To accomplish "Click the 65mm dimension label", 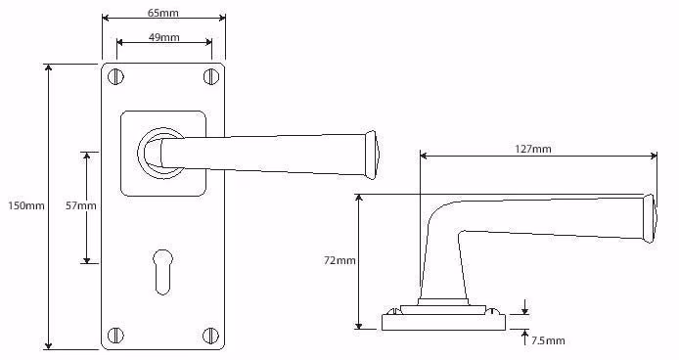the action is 162,13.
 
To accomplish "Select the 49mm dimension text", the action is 163,37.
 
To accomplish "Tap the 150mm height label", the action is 26,205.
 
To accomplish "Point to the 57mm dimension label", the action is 80,205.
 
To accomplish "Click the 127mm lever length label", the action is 532,149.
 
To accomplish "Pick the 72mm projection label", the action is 339,260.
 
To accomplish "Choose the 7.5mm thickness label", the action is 548,340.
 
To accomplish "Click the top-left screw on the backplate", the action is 115,77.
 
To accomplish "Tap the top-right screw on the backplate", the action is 211,76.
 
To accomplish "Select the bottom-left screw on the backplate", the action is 115,335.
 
